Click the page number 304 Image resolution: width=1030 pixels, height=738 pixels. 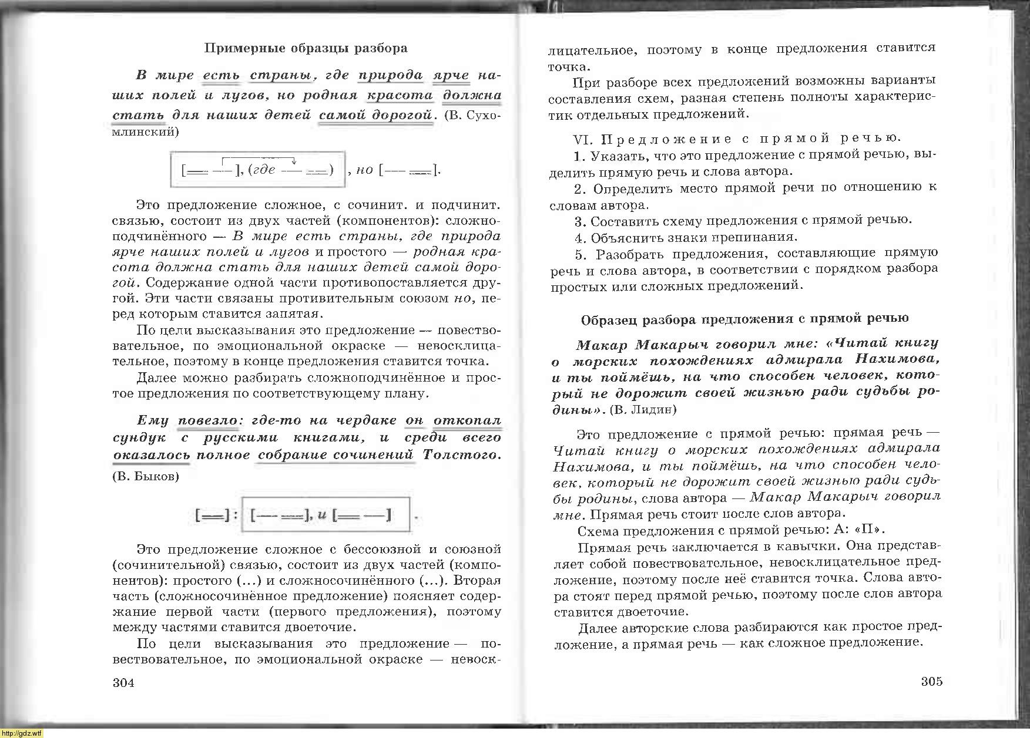(123, 683)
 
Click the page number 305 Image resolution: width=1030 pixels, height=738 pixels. (931, 682)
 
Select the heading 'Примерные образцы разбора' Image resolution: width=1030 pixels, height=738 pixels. (306, 48)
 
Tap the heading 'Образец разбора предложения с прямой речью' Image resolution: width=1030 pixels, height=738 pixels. (744, 319)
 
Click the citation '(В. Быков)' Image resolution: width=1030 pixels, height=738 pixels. (145, 476)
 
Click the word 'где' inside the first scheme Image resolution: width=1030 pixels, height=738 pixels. (263, 170)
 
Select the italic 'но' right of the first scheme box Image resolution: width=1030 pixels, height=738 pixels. (365, 170)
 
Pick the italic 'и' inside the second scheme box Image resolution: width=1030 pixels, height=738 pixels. (321, 515)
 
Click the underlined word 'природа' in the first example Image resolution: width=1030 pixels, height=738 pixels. (391, 76)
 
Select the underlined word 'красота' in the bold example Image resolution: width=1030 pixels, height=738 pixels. (400, 96)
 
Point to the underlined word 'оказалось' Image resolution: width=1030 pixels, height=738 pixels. (152, 455)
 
